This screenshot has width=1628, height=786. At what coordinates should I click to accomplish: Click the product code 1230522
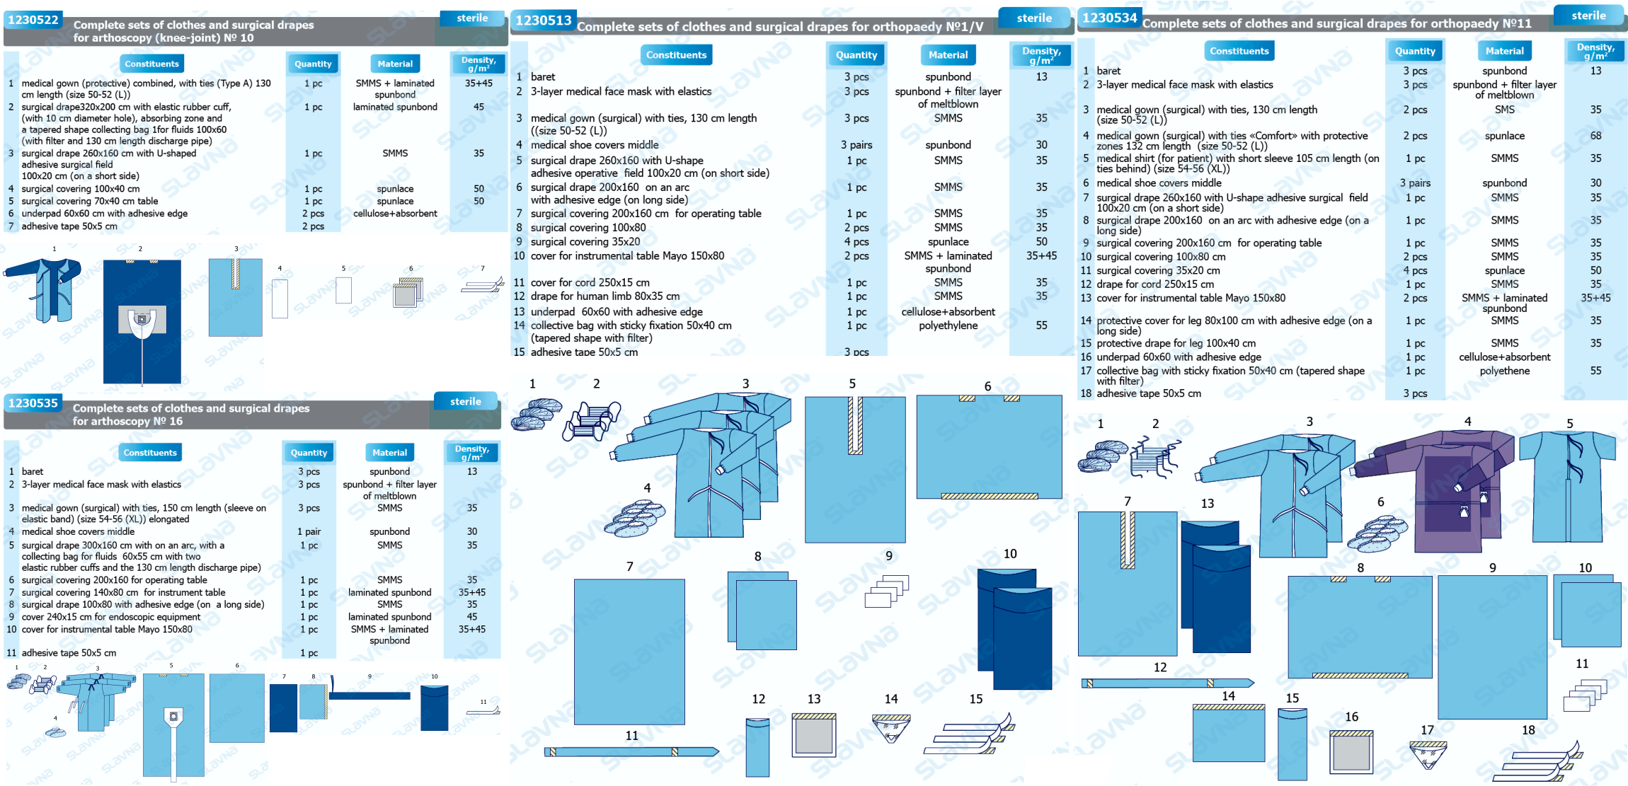pos(33,20)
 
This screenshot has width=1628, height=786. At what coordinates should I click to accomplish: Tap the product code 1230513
pos(543,21)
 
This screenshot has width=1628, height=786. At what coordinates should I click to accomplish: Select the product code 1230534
pos(1109,18)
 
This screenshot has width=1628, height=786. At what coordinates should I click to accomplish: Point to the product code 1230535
pos(33,403)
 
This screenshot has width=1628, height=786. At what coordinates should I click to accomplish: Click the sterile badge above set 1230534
pos(1588,16)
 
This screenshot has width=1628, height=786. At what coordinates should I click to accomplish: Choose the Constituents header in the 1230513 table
pos(676,54)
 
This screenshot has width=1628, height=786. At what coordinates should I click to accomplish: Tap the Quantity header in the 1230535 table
pos(309,453)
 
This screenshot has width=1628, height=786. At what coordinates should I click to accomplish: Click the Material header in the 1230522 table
pos(395,64)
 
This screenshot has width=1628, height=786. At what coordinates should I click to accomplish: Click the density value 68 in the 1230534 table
pos(1595,136)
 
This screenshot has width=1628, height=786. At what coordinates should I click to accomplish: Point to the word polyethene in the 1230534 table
pos(1504,371)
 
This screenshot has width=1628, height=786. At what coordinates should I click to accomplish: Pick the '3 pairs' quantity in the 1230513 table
pos(856,145)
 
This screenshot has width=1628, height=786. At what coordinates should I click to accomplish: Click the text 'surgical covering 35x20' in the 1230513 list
pos(585,242)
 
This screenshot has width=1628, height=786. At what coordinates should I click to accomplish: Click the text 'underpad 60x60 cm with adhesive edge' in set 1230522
pos(104,214)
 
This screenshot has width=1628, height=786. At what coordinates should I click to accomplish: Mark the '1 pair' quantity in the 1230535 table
pos(309,531)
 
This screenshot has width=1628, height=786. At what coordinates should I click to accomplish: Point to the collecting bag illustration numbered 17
pos(1428,754)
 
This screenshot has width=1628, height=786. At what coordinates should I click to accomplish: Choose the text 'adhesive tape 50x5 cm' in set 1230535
pos(69,653)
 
